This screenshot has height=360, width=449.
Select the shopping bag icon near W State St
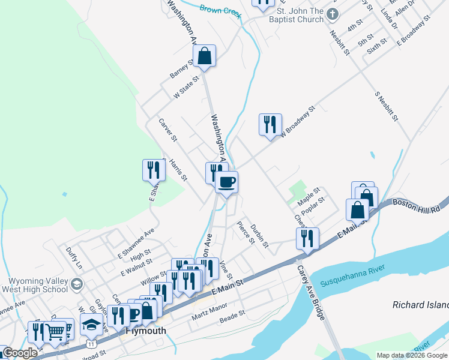[x=205, y=56]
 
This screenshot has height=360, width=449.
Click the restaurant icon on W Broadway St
[x=270, y=124]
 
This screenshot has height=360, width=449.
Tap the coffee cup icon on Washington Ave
[x=227, y=182]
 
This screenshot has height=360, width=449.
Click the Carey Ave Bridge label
[x=312, y=292]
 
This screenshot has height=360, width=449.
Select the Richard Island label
[x=420, y=305]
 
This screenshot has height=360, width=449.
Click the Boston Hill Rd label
[x=417, y=204]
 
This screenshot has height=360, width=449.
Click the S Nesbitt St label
[x=387, y=106]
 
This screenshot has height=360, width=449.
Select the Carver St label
[x=167, y=130]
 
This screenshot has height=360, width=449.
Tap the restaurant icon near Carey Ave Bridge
[x=307, y=238]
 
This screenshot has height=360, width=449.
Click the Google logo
[x=19, y=353]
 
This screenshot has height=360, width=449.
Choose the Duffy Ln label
[x=74, y=259]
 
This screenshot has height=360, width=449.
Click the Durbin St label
[x=259, y=234]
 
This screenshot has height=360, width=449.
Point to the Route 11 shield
[x=91, y=344]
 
